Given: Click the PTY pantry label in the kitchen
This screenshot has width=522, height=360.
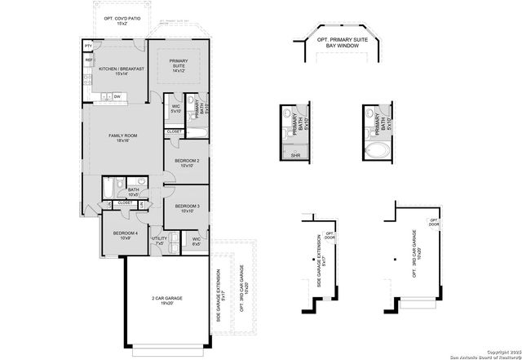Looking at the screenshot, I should click(x=88, y=47).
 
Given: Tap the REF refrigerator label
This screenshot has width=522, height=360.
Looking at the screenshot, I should click(x=88, y=60).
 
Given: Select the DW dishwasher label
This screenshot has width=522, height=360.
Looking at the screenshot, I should click(x=117, y=97).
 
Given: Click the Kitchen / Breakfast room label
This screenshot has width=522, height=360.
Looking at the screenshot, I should click(x=122, y=71).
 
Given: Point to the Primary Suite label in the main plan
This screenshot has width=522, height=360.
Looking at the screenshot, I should click(x=179, y=66).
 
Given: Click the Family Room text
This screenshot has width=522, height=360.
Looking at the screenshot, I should click(x=122, y=138).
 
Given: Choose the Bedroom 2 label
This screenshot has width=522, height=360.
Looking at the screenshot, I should click(x=187, y=163).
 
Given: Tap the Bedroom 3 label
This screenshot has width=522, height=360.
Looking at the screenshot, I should click(x=187, y=208).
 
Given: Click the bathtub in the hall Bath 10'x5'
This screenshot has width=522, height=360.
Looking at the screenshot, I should click(x=109, y=189).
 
